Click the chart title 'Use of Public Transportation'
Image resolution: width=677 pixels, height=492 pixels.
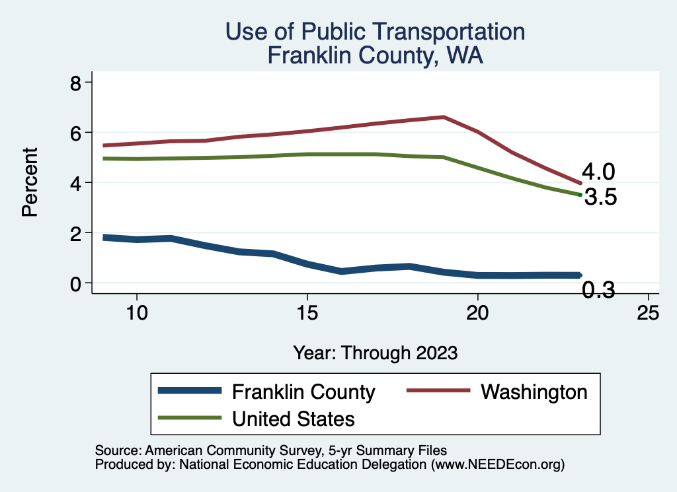(375, 31)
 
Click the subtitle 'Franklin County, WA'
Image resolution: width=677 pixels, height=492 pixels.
(375, 55)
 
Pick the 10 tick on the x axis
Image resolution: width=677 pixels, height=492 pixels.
(136, 312)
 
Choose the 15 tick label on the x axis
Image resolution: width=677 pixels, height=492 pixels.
(307, 312)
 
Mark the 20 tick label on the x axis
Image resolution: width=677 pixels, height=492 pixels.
(477, 312)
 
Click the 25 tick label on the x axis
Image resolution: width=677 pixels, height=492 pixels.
(648, 312)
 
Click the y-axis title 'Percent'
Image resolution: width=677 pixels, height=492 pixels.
(28, 182)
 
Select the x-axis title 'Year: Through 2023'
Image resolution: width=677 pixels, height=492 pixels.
(375, 353)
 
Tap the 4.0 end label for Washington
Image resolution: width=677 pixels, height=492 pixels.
(598, 172)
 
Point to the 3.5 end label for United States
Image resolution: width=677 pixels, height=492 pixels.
(600, 197)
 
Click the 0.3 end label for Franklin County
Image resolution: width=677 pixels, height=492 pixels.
(598, 290)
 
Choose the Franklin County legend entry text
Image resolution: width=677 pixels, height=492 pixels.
(303, 392)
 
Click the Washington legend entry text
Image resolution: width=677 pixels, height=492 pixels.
(534, 392)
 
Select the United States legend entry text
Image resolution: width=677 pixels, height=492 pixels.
(294, 418)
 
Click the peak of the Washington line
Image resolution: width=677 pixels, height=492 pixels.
(444, 117)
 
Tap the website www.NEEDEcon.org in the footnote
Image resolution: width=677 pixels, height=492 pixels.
(497, 465)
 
